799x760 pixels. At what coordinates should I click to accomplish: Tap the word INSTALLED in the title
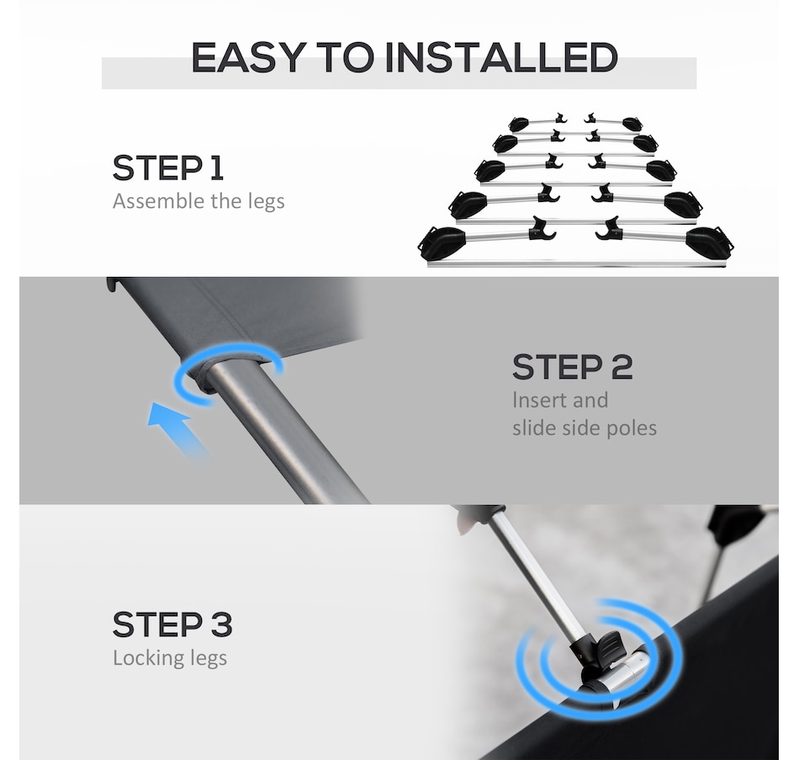click(501, 57)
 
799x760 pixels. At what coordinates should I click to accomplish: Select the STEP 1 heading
click(167, 167)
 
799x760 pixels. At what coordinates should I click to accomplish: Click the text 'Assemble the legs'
click(198, 201)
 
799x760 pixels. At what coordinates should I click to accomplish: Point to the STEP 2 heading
click(572, 367)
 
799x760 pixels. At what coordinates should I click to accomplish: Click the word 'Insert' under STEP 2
click(541, 400)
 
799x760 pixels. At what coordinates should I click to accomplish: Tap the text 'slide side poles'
click(585, 428)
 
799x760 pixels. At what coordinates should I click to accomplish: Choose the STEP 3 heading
click(172, 624)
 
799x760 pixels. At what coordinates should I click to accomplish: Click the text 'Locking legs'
click(170, 657)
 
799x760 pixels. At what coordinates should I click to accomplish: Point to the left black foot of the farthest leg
click(519, 124)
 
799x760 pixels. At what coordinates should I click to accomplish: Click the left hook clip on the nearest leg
click(541, 229)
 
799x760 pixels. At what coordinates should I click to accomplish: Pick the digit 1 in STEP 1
click(217, 167)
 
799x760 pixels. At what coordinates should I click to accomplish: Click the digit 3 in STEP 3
click(222, 624)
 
